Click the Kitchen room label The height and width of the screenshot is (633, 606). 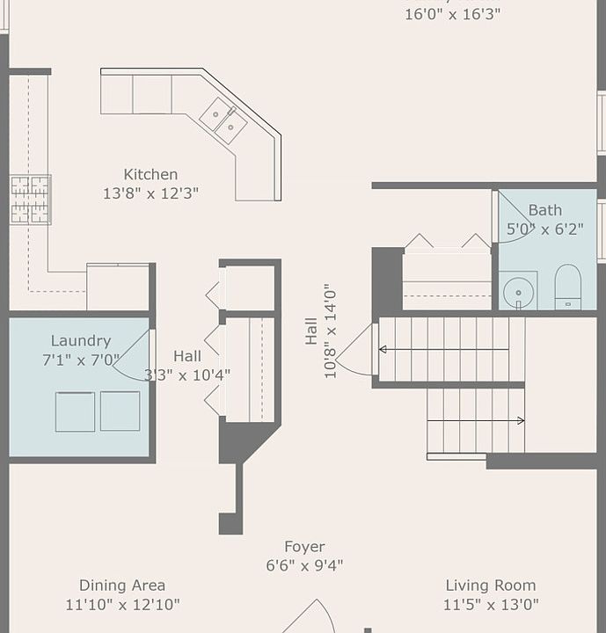click(x=150, y=174)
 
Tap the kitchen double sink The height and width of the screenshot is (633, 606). click(x=223, y=120)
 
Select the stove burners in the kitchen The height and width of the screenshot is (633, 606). click(x=30, y=200)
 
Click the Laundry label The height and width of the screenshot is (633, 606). click(x=81, y=341)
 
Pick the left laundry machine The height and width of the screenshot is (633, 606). click(x=75, y=411)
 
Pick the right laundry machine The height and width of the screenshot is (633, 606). click(x=120, y=411)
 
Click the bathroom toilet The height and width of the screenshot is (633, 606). click(x=568, y=287)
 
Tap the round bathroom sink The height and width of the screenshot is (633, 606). click(x=518, y=292)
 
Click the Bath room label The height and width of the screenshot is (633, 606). click(x=545, y=210)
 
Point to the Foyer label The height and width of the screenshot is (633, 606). click(x=304, y=547)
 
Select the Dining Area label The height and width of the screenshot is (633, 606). click(x=122, y=586)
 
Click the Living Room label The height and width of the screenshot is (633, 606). click(x=491, y=586)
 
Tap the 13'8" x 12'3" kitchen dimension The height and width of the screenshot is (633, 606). click(x=150, y=193)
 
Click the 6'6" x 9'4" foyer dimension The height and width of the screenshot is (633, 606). click(x=304, y=565)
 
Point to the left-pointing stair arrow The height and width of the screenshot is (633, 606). click(x=443, y=349)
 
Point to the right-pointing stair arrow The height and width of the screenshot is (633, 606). click(x=476, y=420)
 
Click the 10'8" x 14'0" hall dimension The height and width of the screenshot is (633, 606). click(x=330, y=331)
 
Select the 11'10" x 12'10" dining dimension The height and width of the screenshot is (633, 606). click(x=122, y=605)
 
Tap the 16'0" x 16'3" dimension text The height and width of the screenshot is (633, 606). click(x=452, y=14)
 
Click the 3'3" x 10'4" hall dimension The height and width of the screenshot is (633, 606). click(x=187, y=375)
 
